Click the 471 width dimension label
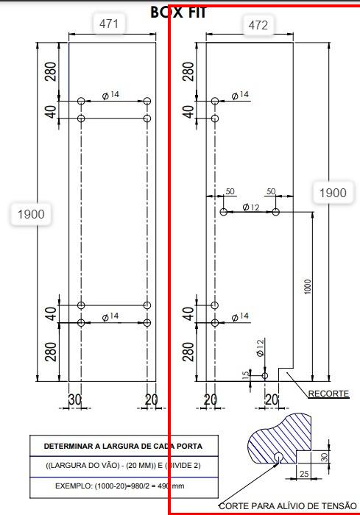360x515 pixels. (x=109, y=24)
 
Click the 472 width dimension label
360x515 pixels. (x=258, y=25)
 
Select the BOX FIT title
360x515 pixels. (x=178, y=13)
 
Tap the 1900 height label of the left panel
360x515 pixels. (x=31, y=214)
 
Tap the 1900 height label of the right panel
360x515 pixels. (x=333, y=193)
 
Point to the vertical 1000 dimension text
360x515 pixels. (x=308, y=286)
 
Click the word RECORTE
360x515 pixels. (x=328, y=394)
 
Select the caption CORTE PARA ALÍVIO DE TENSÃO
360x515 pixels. (x=288, y=506)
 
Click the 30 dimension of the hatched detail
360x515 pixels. (x=324, y=457)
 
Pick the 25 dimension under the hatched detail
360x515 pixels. (x=304, y=474)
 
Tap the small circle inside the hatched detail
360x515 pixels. (x=278, y=457)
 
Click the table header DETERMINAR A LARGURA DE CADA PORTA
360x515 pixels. (x=123, y=447)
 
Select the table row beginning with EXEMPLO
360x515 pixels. (x=120, y=486)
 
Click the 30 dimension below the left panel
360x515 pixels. (x=74, y=399)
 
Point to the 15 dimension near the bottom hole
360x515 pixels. (x=246, y=375)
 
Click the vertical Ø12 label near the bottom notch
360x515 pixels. (x=260, y=348)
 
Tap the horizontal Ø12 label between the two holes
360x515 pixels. (x=251, y=207)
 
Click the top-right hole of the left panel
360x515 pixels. (x=147, y=101)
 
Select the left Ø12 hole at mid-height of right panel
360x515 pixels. (x=224, y=212)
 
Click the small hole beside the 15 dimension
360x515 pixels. (x=265, y=375)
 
